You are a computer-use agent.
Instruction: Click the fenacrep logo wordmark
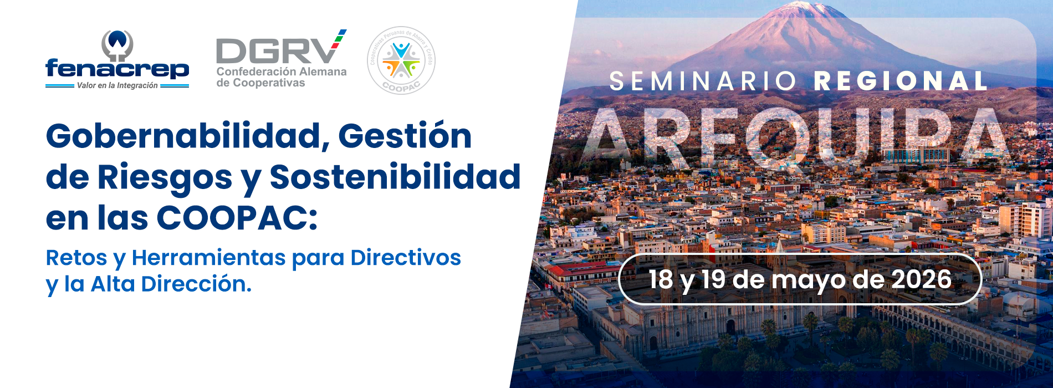point(117,69)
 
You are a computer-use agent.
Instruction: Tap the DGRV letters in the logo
point(275,51)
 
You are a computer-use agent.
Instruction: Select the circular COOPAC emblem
point(401,60)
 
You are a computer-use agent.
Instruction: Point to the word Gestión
point(405,136)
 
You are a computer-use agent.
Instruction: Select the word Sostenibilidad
point(395,177)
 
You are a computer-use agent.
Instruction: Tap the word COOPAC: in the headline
point(237,218)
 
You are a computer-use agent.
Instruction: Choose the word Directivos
point(406,258)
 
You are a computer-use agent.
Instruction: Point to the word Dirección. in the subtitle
point(196,284)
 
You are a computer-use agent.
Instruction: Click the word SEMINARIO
point(703,81)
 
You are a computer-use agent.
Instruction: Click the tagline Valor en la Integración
point(117,85)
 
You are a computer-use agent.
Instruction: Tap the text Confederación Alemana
point(282,72)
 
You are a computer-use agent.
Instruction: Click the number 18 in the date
point(661,279)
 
